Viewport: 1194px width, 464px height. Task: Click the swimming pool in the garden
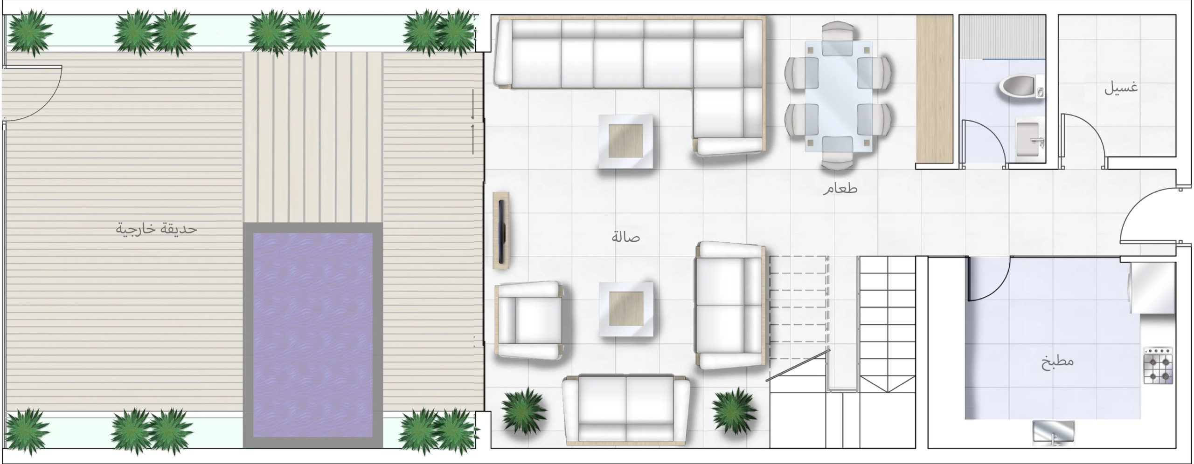point(312,335)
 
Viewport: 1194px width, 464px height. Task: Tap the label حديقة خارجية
point(157,229)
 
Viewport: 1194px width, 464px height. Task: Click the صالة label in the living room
point(625,238)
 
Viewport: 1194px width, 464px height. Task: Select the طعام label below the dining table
point(840,189)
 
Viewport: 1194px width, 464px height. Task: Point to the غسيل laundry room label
point(1121,88)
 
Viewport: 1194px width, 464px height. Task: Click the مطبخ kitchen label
point(1057,362)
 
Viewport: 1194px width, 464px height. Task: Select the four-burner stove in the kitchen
point(1158,365)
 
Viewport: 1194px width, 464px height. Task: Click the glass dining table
point(838,96)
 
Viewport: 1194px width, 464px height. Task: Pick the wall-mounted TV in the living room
point(502,230)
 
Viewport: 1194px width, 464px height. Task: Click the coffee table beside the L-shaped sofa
point(626,141)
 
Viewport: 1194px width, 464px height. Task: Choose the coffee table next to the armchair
point(626,308)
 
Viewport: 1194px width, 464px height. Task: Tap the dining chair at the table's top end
point(838,32)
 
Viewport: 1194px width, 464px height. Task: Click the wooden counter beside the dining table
point(935,89)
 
